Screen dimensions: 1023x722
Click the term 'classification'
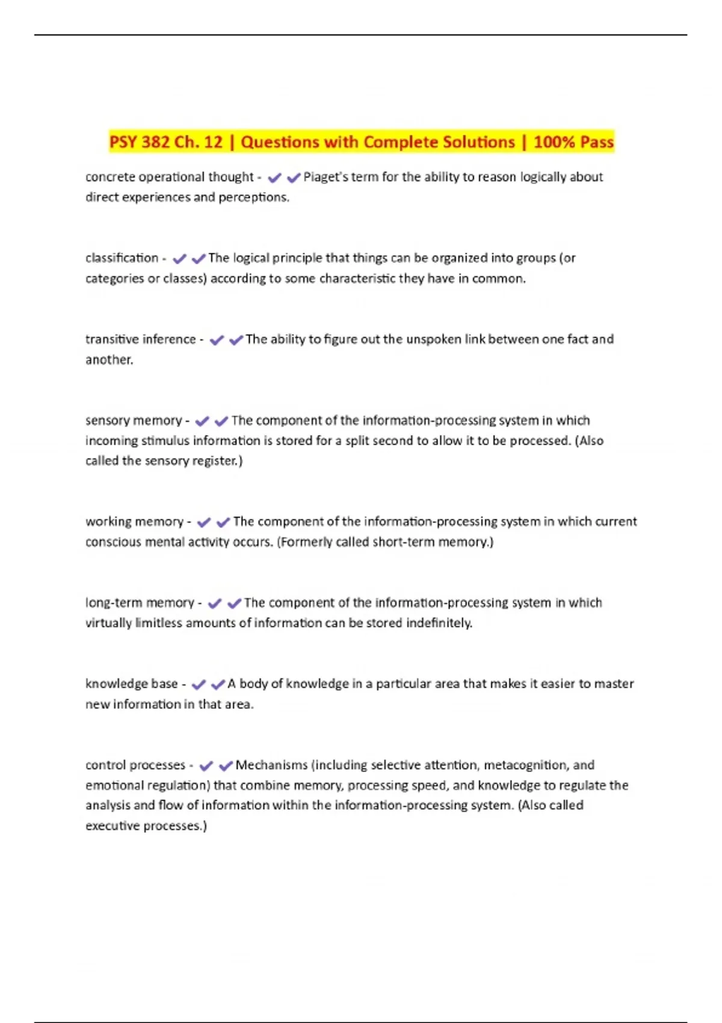pos(122,258)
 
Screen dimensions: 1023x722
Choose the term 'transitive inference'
pos(140,339)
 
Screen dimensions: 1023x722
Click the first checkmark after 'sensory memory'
pos(202,421)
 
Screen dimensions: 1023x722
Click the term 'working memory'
pos(134,522)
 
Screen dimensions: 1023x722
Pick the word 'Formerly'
pos(304,542)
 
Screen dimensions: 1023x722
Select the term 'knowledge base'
pos(131,684)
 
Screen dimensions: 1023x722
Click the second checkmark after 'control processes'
pos(226,766)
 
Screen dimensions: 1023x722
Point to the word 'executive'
pos(110,826)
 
